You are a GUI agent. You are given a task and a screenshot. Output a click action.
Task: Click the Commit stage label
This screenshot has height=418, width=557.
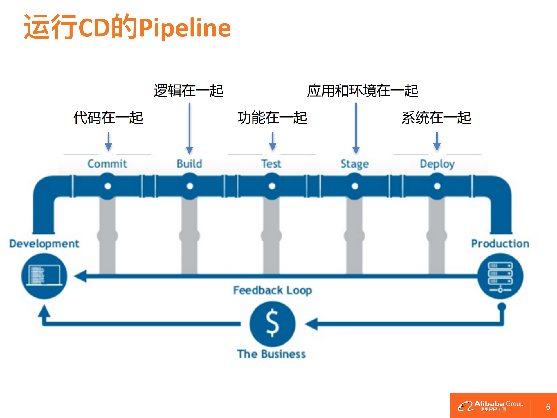click(x=107, y=164)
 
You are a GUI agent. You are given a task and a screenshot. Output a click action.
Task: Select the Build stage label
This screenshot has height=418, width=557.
click(x=189, y=164)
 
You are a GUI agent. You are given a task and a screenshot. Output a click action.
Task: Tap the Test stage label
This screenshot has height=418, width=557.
click(x=271, y=164)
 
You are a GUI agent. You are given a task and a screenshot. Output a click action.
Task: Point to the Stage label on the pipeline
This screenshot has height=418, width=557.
click(x=354, y=164)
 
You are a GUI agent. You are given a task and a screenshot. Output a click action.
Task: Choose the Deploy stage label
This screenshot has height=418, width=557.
click(x=437, y=164)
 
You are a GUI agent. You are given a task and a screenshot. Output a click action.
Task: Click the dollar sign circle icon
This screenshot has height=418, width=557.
click(x=272, y=324)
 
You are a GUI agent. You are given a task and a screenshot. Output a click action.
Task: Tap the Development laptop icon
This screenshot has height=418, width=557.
click(x=44, y=276)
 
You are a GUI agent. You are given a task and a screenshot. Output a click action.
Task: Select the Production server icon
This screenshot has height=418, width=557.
click(x=500, y=276)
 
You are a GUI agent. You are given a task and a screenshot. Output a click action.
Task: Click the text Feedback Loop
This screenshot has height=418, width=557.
click(x=273, y=290)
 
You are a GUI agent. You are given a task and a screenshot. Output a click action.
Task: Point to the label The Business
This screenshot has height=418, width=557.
click(x=271, y=354)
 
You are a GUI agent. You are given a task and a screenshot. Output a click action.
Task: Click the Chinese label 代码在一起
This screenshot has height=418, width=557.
click(x=108, y=118)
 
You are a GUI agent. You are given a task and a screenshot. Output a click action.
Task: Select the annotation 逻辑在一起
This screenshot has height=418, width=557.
click(x=188, y=91)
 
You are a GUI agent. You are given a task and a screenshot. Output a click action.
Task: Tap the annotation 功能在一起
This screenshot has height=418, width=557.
click(x=272, y=118)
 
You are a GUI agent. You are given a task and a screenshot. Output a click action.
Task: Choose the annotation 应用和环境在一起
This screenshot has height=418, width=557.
click(x=363, y=91)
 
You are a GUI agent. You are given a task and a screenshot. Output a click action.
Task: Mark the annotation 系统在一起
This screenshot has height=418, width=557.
click(x=436, y=118)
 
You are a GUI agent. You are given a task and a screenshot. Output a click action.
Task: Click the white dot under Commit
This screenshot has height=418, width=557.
click(x=108, y=186)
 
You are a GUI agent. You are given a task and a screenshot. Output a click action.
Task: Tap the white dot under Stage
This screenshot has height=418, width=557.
click(x=355, y=186)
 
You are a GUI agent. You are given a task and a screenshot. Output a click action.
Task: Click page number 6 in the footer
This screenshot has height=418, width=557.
click(x=548, y=407)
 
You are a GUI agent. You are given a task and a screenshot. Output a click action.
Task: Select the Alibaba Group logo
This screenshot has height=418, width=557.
click(x=491, y=406)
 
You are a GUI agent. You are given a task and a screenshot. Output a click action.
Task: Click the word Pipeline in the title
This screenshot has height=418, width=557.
click(x=185, y=28)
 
